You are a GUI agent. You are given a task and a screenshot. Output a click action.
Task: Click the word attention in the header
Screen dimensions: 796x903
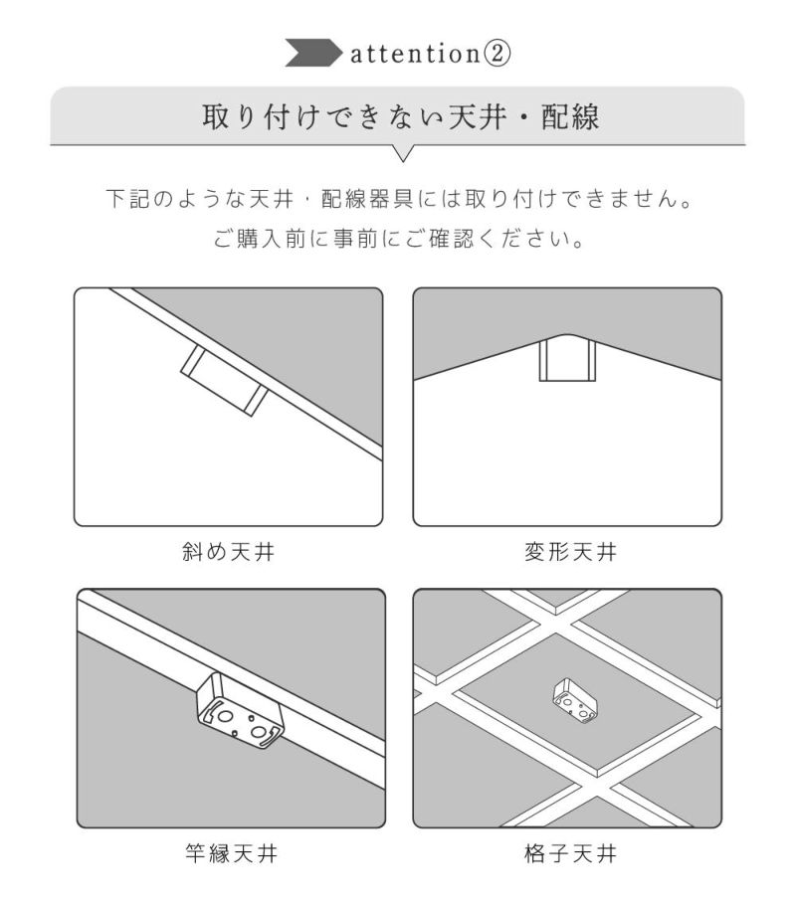pos(416,54)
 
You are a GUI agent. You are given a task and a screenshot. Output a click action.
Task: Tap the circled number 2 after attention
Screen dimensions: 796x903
pos(497,54)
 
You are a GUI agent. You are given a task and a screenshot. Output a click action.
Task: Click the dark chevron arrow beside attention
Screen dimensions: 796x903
pos(313,53)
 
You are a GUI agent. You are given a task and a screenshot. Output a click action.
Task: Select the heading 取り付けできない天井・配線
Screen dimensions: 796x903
pos(401,117)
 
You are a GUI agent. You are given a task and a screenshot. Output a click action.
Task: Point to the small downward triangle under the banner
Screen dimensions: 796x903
pos(403,153)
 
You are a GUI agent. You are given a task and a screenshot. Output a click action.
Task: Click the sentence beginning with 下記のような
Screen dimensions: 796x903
pos(399,199)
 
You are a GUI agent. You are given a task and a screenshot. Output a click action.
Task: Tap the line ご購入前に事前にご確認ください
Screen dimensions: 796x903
pos(399,238)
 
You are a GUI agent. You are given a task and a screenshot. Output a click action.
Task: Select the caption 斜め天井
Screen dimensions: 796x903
pos(228,552)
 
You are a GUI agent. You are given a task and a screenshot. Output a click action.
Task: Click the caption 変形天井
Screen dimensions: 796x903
pos(570,552)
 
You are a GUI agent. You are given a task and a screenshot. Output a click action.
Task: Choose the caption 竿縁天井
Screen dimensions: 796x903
pos(231,853)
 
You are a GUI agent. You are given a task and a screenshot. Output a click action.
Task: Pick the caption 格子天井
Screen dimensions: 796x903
pos(570,853)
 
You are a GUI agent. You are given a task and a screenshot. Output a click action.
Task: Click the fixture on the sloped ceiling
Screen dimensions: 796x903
pos(224,381)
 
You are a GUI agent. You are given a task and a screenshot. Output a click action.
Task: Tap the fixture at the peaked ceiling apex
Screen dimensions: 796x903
pos(567,361)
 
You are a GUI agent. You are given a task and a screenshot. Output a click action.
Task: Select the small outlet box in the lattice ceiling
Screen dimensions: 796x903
pos(575,700)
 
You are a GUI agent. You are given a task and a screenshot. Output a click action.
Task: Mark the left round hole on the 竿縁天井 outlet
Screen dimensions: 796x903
pos(226,716)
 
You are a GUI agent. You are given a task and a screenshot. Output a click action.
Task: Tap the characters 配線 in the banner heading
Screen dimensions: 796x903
pos(570,117)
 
